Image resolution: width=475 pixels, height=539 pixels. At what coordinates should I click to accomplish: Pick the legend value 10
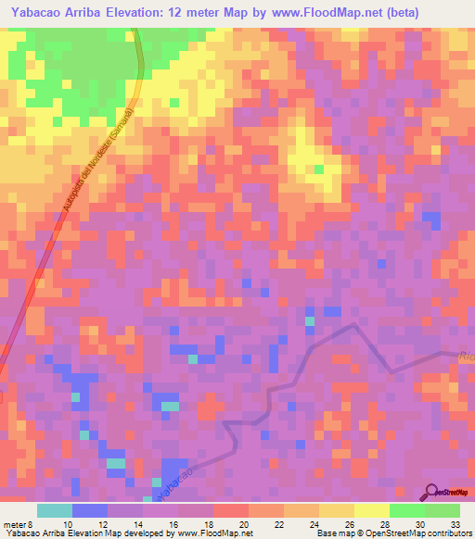click(x=68, y=524)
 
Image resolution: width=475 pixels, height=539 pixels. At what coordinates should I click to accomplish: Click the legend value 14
click(x=138, y=524)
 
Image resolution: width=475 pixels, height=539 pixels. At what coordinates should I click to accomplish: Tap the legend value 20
click(x=244, y=524)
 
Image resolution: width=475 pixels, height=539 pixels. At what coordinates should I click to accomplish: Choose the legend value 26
click(x=349, y=524)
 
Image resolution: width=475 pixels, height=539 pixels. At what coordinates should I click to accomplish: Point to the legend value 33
click(x=455, y=524)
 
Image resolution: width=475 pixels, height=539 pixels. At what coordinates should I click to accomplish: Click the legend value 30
click(x=419, y=524)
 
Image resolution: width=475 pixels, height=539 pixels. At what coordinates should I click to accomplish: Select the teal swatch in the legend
click(x=55, y=510)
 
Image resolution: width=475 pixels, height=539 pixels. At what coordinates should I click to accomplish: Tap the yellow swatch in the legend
click(x=372, y=510)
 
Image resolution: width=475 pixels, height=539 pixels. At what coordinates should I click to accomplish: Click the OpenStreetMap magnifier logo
click(x=430, y=492)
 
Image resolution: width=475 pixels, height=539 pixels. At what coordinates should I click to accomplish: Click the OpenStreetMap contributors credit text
click(x=407, y=534)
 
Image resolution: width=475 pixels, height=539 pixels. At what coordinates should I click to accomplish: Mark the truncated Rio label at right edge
click(x=467, y=355)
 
